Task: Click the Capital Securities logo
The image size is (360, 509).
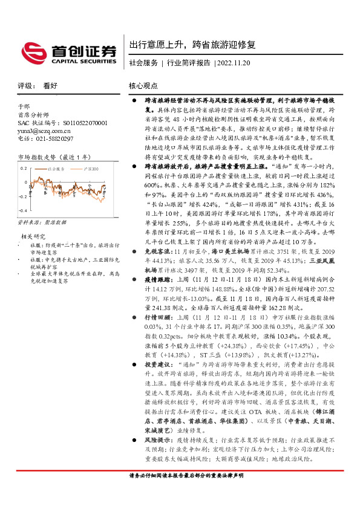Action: coord(68,51)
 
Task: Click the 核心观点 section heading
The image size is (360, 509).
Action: coord(143,86)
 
